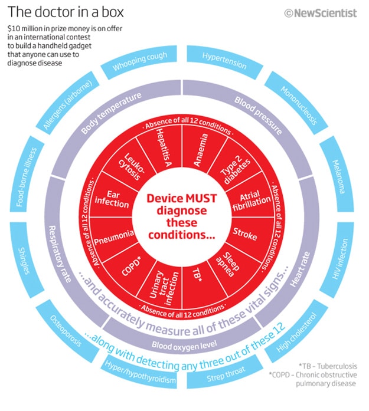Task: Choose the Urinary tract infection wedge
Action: pos(160,280)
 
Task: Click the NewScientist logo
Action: pos(321,13)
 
